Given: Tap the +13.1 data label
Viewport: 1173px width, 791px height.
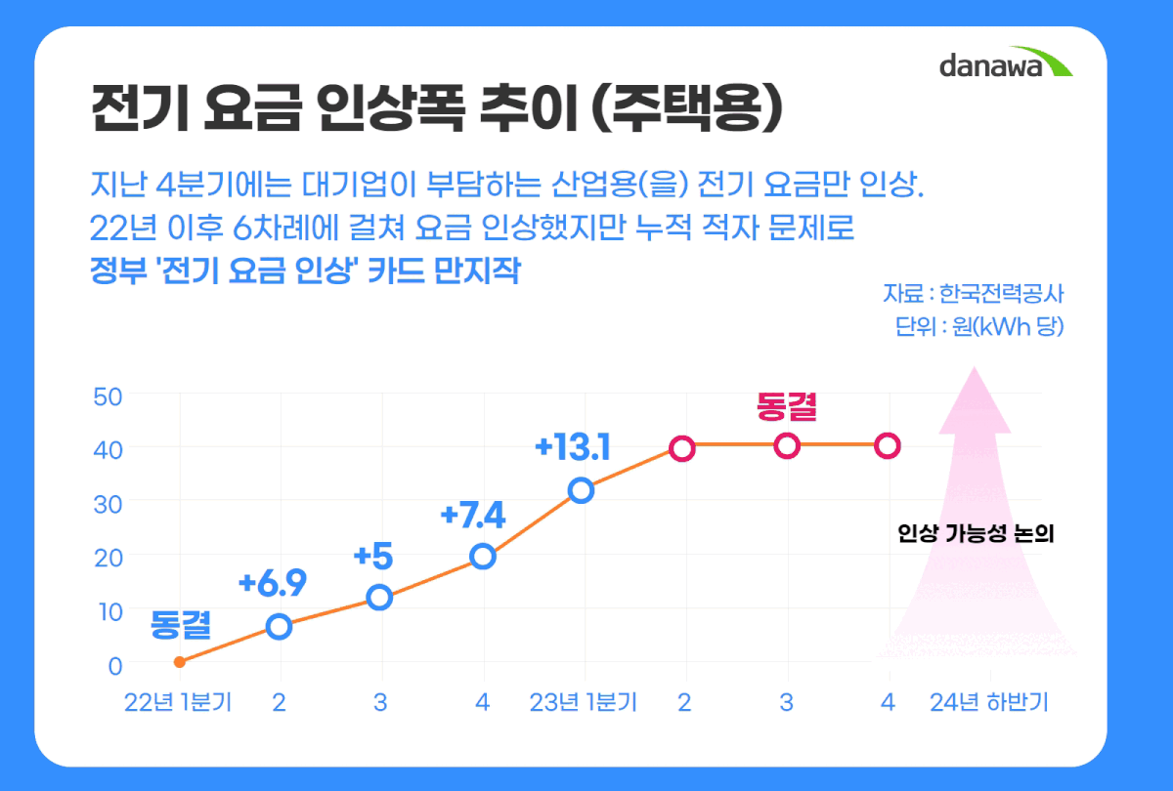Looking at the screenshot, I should point(573,448).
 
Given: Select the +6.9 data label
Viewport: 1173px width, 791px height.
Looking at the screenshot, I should point(273,584).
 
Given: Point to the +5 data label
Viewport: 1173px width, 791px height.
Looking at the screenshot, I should point(372,557).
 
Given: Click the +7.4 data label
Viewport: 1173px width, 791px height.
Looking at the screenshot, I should point(473,514).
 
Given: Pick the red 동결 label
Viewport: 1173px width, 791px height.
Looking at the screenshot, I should point(787,406).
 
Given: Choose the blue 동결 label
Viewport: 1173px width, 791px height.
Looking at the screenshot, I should point(181,624).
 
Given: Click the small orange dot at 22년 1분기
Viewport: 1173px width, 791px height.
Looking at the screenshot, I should point(179,662).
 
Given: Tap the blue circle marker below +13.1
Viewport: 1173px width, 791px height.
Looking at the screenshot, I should point(581,490).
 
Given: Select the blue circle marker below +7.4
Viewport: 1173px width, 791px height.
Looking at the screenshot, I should point(482,557).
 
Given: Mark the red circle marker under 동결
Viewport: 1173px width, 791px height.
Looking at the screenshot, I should point(787,446).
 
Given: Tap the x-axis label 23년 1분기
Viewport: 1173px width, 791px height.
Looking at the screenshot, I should point(583,703).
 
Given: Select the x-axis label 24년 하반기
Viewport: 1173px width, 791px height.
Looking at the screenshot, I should point(989,703).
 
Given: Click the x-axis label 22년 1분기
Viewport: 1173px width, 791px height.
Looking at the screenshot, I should point(178,703).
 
